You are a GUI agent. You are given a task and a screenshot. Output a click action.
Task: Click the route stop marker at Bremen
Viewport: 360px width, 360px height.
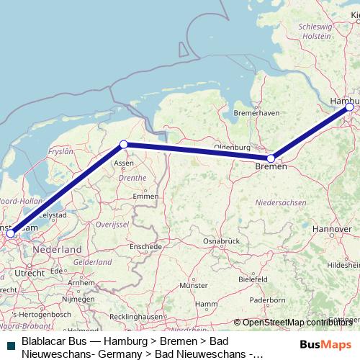tap(271, 158)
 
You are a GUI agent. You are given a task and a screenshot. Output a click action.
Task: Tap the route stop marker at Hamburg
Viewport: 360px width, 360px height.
tap(350, 107)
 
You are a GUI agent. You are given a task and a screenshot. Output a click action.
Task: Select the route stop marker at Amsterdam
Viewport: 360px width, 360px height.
tap(10, 233)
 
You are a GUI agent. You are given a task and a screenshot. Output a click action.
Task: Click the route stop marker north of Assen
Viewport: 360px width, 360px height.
tap(124, 145)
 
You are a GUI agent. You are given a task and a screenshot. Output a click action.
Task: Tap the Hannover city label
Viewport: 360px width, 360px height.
tap(332, 228)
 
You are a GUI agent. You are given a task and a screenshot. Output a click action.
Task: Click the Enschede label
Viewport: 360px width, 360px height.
tap(146, 246)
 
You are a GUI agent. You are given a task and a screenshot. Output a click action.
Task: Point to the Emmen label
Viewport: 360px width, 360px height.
tap(145, 196)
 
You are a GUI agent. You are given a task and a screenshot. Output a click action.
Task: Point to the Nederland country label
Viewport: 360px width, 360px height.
tap(58, 248)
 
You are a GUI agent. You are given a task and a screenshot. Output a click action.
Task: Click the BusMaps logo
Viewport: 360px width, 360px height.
tap(322, 345)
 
